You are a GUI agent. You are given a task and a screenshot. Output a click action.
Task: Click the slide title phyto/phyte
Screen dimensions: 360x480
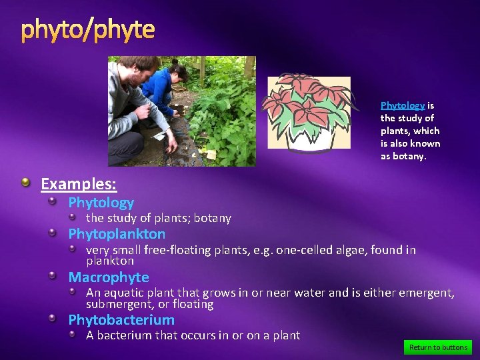coord(87,30)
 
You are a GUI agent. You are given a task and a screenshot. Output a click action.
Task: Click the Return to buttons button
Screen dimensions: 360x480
coord(438,347)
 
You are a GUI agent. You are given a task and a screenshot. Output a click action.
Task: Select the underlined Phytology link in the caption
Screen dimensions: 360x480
coord(403,105)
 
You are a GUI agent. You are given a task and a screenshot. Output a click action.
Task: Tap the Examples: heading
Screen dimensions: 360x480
coord(79,183)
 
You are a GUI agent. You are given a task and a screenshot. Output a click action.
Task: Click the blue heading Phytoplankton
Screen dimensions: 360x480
coord(117,234)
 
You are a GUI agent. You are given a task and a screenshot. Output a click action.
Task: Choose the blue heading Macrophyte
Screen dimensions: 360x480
coord(109,277)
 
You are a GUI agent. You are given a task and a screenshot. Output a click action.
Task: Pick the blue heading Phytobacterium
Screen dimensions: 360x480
coord(121,319)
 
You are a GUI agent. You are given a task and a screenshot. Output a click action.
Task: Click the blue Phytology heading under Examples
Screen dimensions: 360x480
coord(101,202)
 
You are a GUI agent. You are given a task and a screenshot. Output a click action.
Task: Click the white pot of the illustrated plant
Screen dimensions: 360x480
coord(309,138)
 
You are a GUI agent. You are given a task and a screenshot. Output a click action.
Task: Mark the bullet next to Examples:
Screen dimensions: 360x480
coord(25,183)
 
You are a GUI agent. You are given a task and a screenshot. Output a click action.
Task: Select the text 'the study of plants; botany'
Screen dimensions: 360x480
coord(159,218)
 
